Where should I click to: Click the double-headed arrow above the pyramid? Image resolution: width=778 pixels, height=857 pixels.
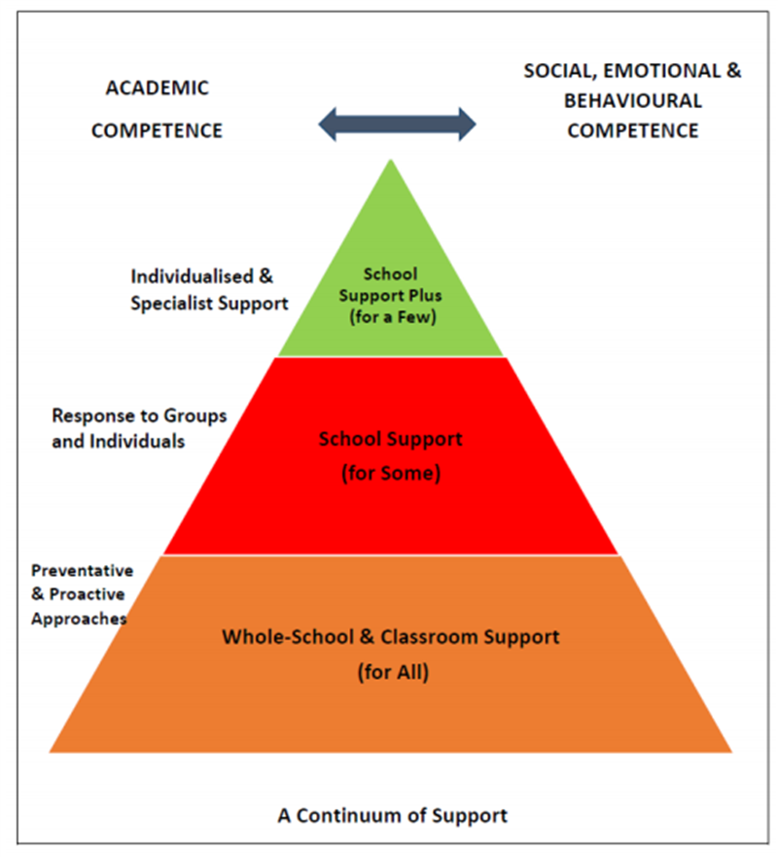coord(397,124)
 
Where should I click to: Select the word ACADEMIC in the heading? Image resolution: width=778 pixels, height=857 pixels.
coord(157,89)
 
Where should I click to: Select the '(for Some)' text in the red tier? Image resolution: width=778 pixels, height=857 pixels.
coord(391,475)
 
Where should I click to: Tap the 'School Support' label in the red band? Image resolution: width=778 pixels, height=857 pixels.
coord(391,440)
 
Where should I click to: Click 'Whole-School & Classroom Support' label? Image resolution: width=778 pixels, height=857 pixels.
coord(391,637)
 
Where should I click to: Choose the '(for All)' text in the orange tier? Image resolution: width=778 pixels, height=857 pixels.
coord(391,671)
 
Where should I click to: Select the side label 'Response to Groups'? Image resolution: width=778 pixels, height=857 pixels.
coord(138,415)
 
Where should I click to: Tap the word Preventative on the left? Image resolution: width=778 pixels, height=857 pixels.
coord(82,570)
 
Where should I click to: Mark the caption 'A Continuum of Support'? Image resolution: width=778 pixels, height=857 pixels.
coord(392,815)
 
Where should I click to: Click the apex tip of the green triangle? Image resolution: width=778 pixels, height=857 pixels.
coord(391,162)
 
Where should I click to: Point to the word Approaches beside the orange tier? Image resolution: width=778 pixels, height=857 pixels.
coord(79,617)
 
